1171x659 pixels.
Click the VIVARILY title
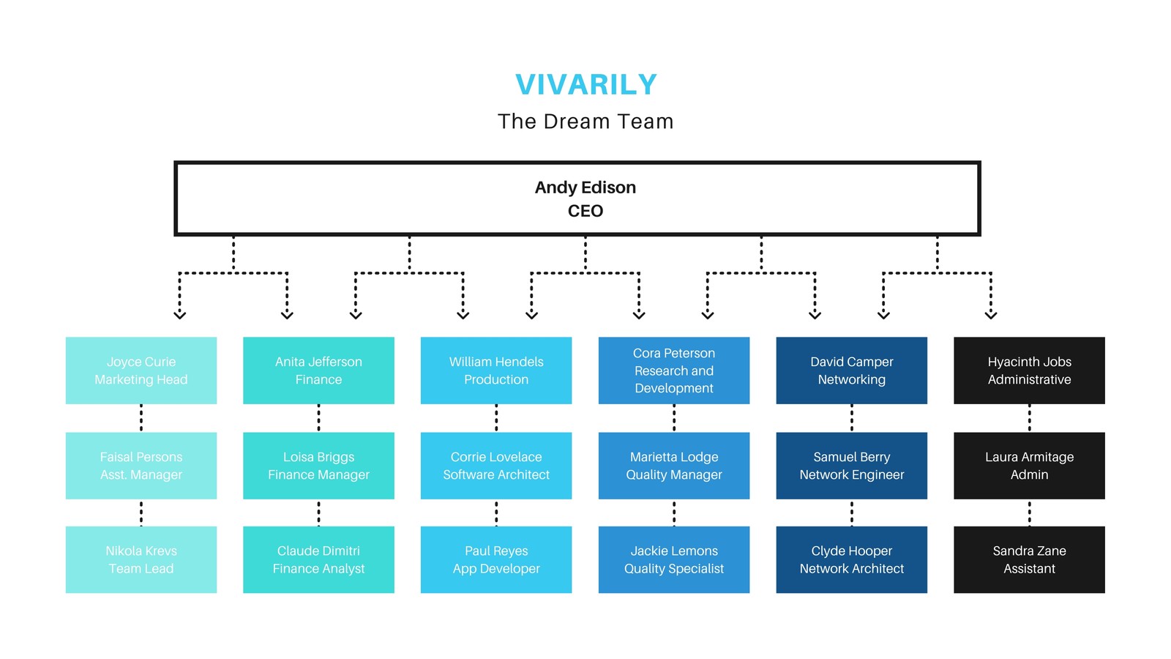(585, 84)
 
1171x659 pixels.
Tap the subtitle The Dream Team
(585, 122)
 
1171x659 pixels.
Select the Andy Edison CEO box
(577, 198)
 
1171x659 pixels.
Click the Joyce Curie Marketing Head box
(141, 371)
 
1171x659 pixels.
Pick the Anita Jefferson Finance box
(318, 371)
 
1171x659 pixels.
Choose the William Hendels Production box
(496, 371)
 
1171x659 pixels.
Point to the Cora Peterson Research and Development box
(674, 371)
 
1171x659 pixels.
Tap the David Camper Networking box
(852, 371)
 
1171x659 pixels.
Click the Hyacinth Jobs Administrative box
(1029, 371)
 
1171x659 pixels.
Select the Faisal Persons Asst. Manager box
(141, 466)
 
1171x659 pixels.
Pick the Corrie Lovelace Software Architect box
(496, 466)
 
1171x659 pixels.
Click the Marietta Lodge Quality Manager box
(674, 466)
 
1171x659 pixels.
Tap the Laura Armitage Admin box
(1029, 466)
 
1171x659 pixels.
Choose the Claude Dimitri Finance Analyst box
(318, 559)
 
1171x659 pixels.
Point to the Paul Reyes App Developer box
(496, 559)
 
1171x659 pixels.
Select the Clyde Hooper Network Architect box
(852, 559)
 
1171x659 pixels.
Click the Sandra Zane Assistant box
(1029, 559)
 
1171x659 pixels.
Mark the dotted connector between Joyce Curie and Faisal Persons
(141, 418)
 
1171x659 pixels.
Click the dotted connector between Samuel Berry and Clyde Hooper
(852, 513)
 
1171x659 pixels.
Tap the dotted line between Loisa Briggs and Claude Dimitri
(318, 513)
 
